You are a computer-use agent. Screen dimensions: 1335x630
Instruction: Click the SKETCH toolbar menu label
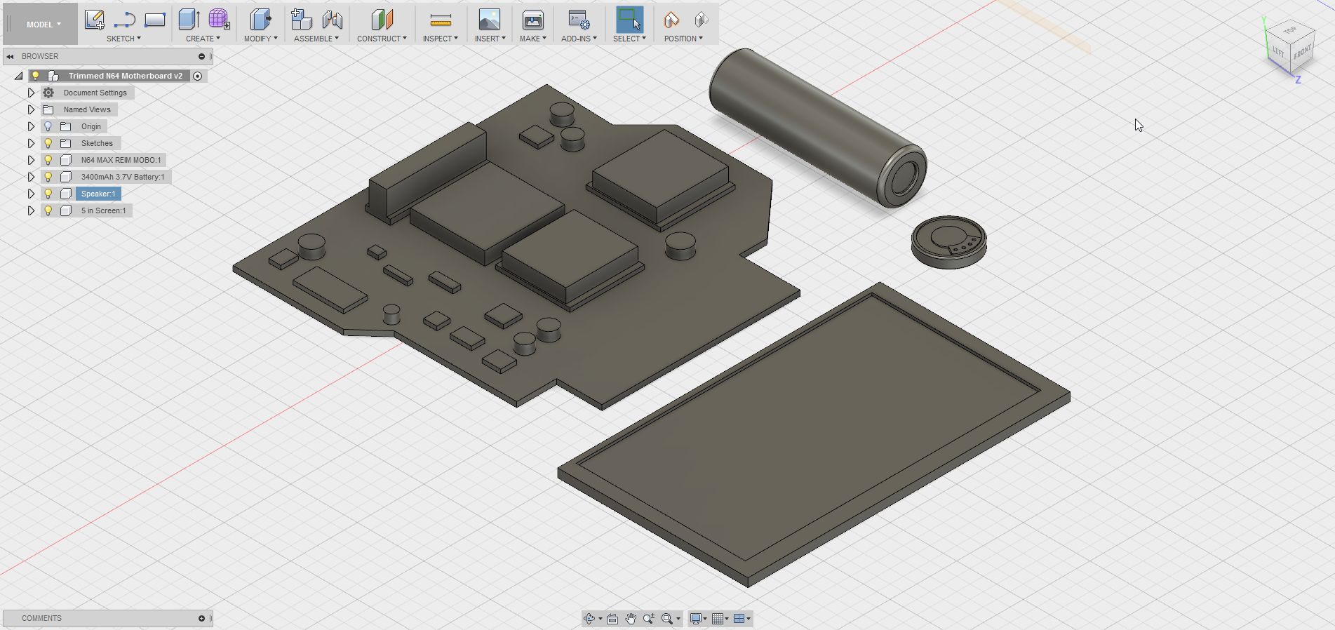coord(123,39)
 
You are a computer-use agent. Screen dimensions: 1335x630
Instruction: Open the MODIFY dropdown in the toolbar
coord(260,39)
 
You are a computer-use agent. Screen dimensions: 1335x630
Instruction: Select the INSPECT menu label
coord(440,39)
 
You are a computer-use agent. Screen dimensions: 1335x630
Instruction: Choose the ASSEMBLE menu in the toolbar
coord(316,39)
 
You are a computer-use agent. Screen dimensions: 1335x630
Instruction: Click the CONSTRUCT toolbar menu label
coord(382,39)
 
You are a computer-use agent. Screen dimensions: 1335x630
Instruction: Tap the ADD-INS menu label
coord(579,39)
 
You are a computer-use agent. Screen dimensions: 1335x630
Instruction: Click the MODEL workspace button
coord(43,25)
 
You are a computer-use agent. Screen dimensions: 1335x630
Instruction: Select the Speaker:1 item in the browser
coord(98,194)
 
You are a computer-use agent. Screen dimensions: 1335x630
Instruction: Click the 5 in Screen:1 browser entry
coord(103,210)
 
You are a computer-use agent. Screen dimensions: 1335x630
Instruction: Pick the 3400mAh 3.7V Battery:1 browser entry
coord(123,177)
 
